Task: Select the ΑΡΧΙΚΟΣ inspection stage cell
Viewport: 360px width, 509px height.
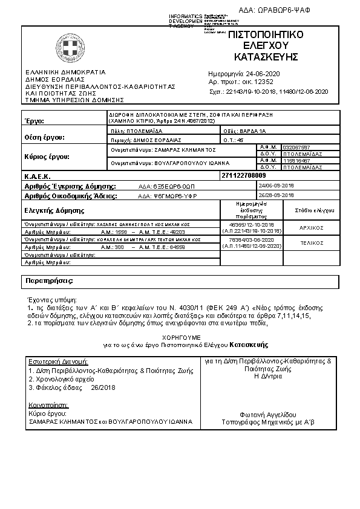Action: click(x=312, y=228)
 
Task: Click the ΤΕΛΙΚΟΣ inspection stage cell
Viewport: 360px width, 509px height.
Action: click(x=312, y=242)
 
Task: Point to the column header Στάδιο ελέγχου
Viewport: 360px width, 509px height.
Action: click(x=312, y=210)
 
